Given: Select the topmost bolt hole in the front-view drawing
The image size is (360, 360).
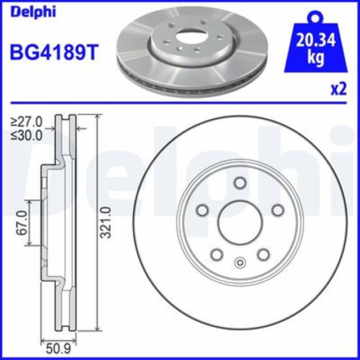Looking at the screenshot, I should [239, 183].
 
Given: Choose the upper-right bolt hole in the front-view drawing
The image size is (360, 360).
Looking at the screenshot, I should [277, 210].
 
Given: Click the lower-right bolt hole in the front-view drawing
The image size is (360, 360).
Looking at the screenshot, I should [263, 255].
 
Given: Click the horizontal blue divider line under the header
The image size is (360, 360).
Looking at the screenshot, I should [180, 103].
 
